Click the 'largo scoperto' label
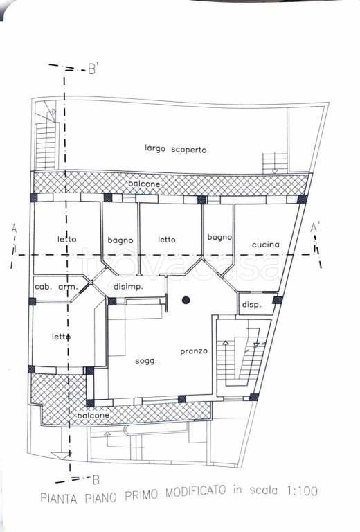(175, 149)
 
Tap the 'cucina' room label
(266, 245)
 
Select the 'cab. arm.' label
(56, 287)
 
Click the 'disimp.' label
(128, 287)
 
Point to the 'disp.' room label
(251, 305)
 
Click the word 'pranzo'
(194, 351)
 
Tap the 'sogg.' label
(146, 361)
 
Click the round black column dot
(186, 300)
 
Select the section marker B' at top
(93, 69)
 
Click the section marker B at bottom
(96, 480)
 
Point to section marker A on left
(14, 229)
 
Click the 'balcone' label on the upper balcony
(144, 184)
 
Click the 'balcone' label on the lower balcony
(93, 416)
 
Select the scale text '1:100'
(301, 491)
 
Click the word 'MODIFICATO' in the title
(196, 492)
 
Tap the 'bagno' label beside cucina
(219, 237)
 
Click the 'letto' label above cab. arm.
(66, 239)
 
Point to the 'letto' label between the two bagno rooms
(167, 240)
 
